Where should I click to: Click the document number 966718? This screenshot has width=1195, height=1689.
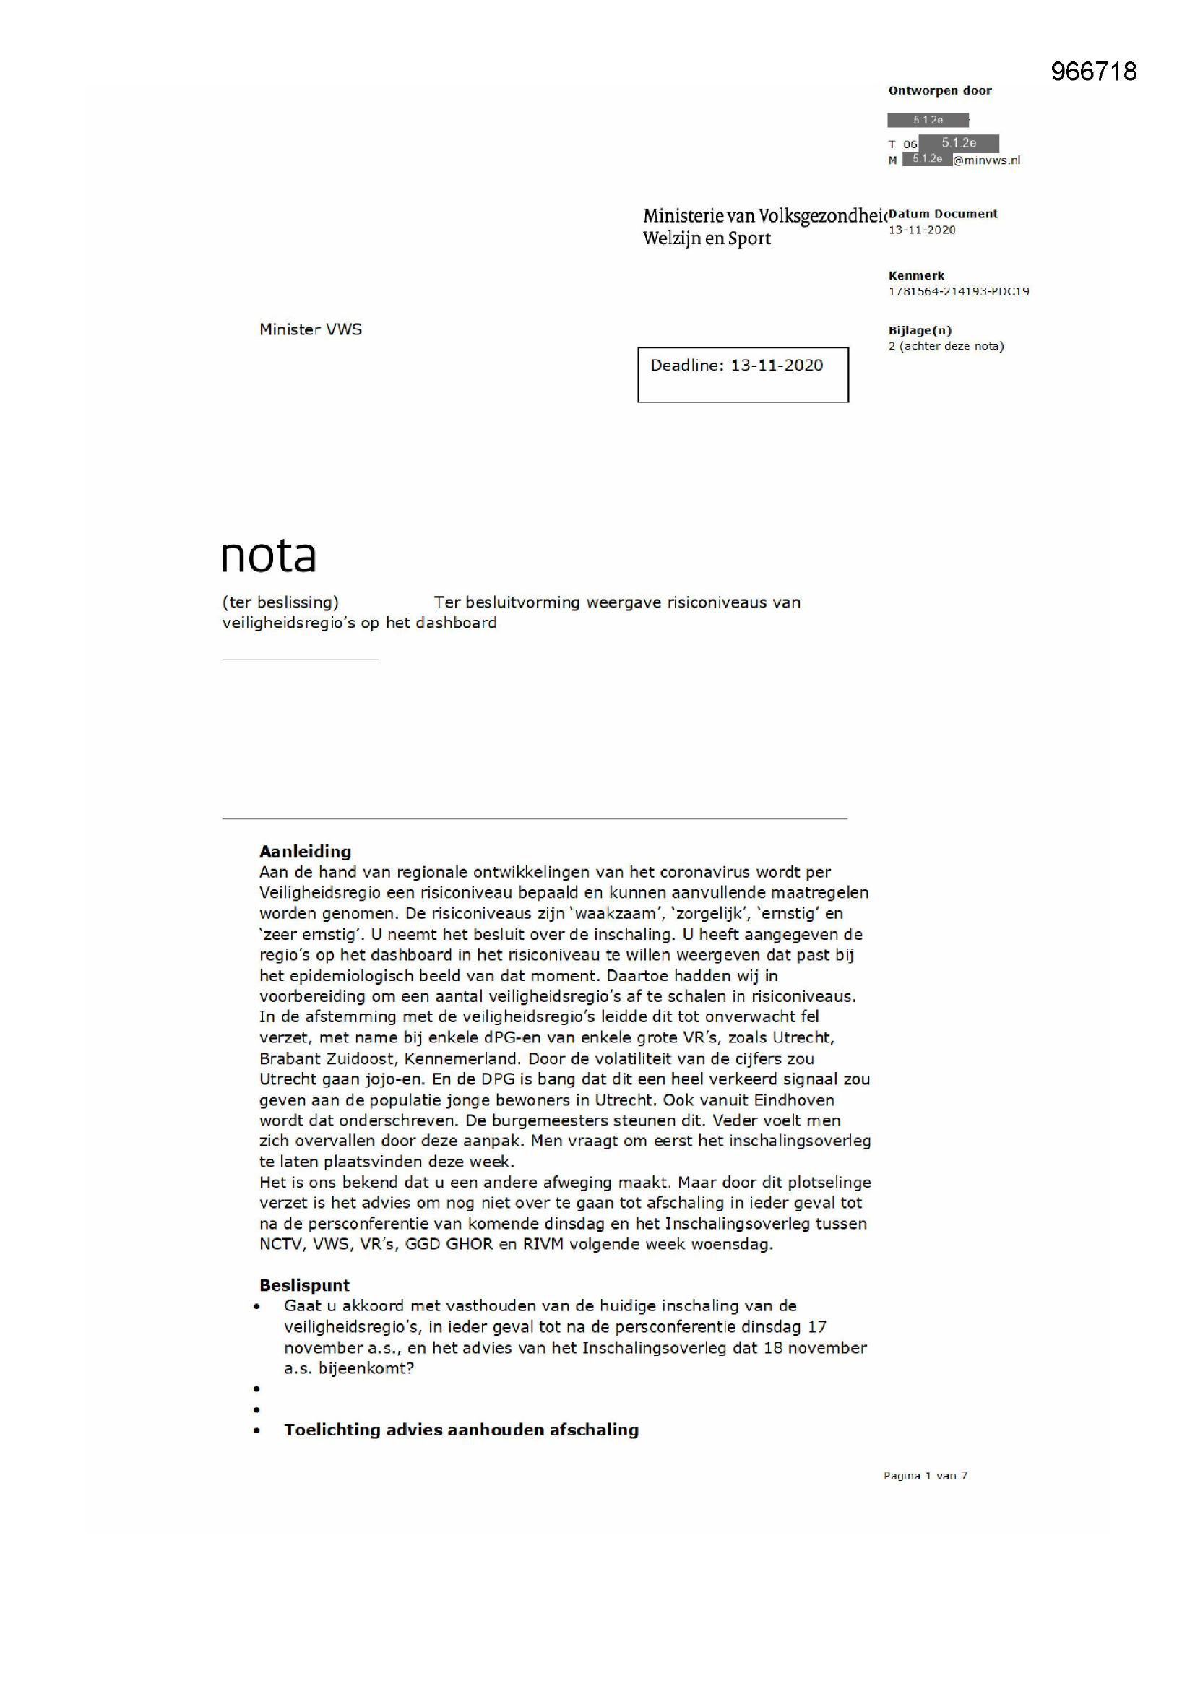(1093, 72)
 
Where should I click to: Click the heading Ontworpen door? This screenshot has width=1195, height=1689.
(940, 90)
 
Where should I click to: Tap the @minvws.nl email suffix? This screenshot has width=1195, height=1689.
(987, 160)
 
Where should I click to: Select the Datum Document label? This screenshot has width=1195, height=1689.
(943, 214)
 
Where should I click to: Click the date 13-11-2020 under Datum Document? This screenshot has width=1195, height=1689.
(921, 230)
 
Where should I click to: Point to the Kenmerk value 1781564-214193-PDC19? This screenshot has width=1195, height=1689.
(958, 291)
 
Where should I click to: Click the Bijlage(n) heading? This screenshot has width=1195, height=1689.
(920, 330)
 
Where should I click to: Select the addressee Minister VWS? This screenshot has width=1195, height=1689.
(311, 329)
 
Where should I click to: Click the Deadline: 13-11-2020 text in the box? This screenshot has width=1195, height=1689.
(736, 366)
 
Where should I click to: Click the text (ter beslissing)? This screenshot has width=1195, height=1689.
(280, 602)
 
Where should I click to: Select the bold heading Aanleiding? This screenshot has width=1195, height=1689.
(305, 851)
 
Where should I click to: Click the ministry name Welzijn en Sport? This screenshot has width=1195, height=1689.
(707, 238)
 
